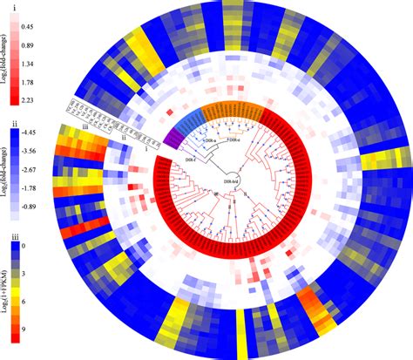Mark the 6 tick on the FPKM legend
point(26,302)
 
